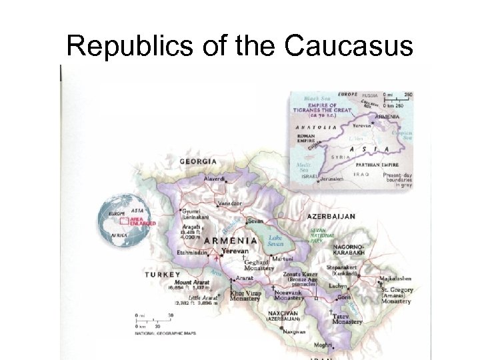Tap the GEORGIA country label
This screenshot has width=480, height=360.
198,162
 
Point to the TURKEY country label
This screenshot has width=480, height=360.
163,275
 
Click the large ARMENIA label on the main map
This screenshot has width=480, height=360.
231,240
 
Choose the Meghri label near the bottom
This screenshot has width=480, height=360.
322,346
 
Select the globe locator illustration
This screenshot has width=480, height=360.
127,220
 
